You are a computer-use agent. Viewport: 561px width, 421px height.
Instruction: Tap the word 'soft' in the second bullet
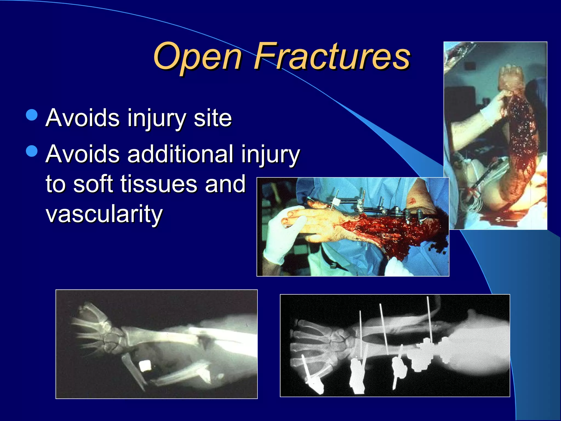click(93, 184)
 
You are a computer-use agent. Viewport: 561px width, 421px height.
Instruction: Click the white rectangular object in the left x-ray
click(145, 366)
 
